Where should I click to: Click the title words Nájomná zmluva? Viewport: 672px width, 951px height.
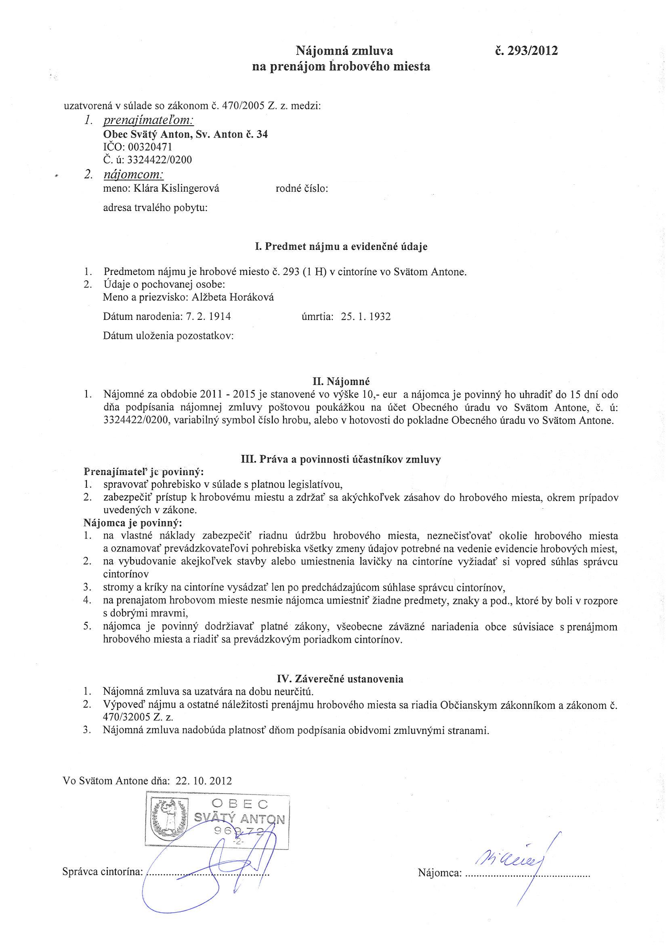[344, 51]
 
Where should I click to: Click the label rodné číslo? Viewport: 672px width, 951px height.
[302, 189]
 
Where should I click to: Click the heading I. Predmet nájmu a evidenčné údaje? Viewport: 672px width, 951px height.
[341, 247]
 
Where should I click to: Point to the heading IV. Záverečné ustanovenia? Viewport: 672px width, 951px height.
[340, 679]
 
